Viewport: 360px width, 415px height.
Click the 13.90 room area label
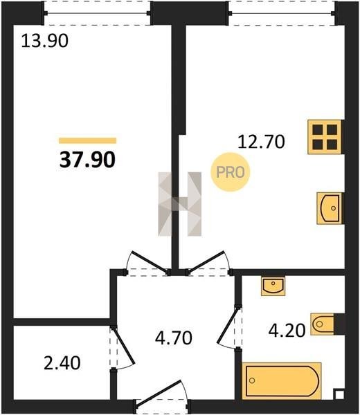(45, 41)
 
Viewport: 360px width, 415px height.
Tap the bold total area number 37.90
(87, 160)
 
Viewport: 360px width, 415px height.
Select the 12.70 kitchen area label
(261, 142)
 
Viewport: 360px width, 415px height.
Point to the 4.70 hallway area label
(174, 338)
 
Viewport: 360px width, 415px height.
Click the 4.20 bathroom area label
(287, 331)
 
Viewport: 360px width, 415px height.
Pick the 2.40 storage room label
(62, 363)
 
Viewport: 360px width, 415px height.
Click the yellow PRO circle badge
(231, 172)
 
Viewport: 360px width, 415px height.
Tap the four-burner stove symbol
(325, 137)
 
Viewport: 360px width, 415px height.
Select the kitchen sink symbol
(330, 208)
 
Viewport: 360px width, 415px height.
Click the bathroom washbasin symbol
(273, 286)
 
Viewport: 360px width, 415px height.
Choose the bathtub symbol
(282, 381)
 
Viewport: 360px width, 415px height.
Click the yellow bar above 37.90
(88, 140)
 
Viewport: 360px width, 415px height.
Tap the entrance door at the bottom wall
(162, 398)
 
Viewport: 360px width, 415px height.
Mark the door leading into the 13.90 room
(147, 263)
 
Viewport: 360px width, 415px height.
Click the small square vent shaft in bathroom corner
(339, 395)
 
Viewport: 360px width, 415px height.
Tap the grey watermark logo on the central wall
(179, 204)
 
